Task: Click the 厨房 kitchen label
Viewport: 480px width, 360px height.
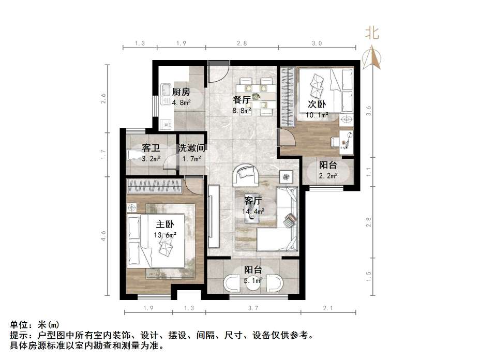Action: point(181,92)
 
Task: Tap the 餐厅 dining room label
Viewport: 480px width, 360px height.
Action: point(242,100)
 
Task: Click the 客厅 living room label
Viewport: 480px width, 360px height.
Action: point(253,201)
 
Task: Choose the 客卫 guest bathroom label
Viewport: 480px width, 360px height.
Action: point(151,148)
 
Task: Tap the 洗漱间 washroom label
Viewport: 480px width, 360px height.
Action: point(192,148)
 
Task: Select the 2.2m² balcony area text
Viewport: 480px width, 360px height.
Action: point(328,176)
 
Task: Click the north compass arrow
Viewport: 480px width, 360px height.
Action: point(372,57)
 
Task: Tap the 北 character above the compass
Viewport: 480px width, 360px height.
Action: point(372,34)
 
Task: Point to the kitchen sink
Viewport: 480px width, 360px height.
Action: point(166,91)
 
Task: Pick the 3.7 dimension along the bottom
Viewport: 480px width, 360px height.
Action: point(253,308)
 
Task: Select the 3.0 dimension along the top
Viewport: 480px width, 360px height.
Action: point(317,43)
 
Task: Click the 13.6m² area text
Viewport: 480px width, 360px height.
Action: point(164,235)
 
